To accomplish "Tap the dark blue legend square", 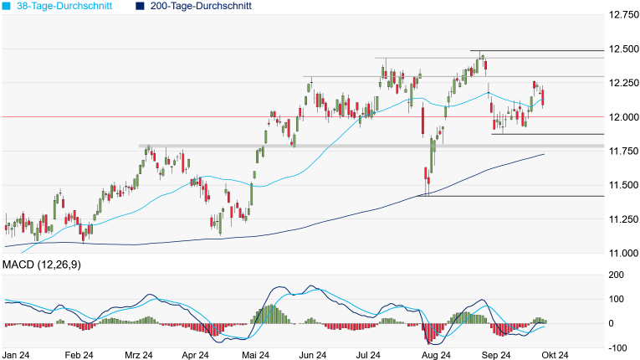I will tap(140, 6).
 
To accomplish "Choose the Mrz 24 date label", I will tap(137, 355).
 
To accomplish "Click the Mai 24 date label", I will tap(255, 355).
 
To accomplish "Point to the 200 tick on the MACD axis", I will tap(616, 275).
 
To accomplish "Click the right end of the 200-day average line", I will tap(545, 154).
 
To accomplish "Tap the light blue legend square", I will tap(8, 6).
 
